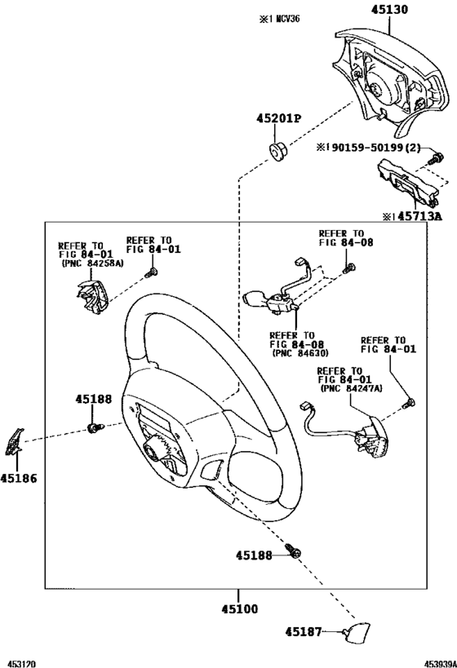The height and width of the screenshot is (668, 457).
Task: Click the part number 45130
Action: click(389, 9)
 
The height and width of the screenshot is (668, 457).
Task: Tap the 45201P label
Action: click(278, 118)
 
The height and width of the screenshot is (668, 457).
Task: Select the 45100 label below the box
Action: click(240, 608)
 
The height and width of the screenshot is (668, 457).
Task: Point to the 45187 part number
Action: click(303, 632)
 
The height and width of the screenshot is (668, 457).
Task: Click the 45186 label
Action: click(19, 479)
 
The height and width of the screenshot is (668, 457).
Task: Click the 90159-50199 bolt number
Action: click(367, 148)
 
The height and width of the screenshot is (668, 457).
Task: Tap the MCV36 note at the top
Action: click(288, 20)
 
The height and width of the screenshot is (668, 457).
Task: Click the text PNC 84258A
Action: click(92, 263)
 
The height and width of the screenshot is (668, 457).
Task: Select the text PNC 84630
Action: click(300, 353)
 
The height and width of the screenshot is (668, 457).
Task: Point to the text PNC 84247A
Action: click(351, 388)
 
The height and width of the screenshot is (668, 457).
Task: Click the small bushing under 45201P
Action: click(278, 152)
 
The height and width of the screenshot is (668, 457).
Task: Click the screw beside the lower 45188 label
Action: click(293, 550)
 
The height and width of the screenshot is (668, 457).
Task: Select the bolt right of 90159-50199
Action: click(435, 159)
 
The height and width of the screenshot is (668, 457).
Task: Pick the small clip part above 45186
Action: click(14, 441)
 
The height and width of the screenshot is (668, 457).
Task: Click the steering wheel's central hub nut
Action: click(153, 446)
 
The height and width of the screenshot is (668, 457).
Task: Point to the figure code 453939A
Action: click(439, 664)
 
